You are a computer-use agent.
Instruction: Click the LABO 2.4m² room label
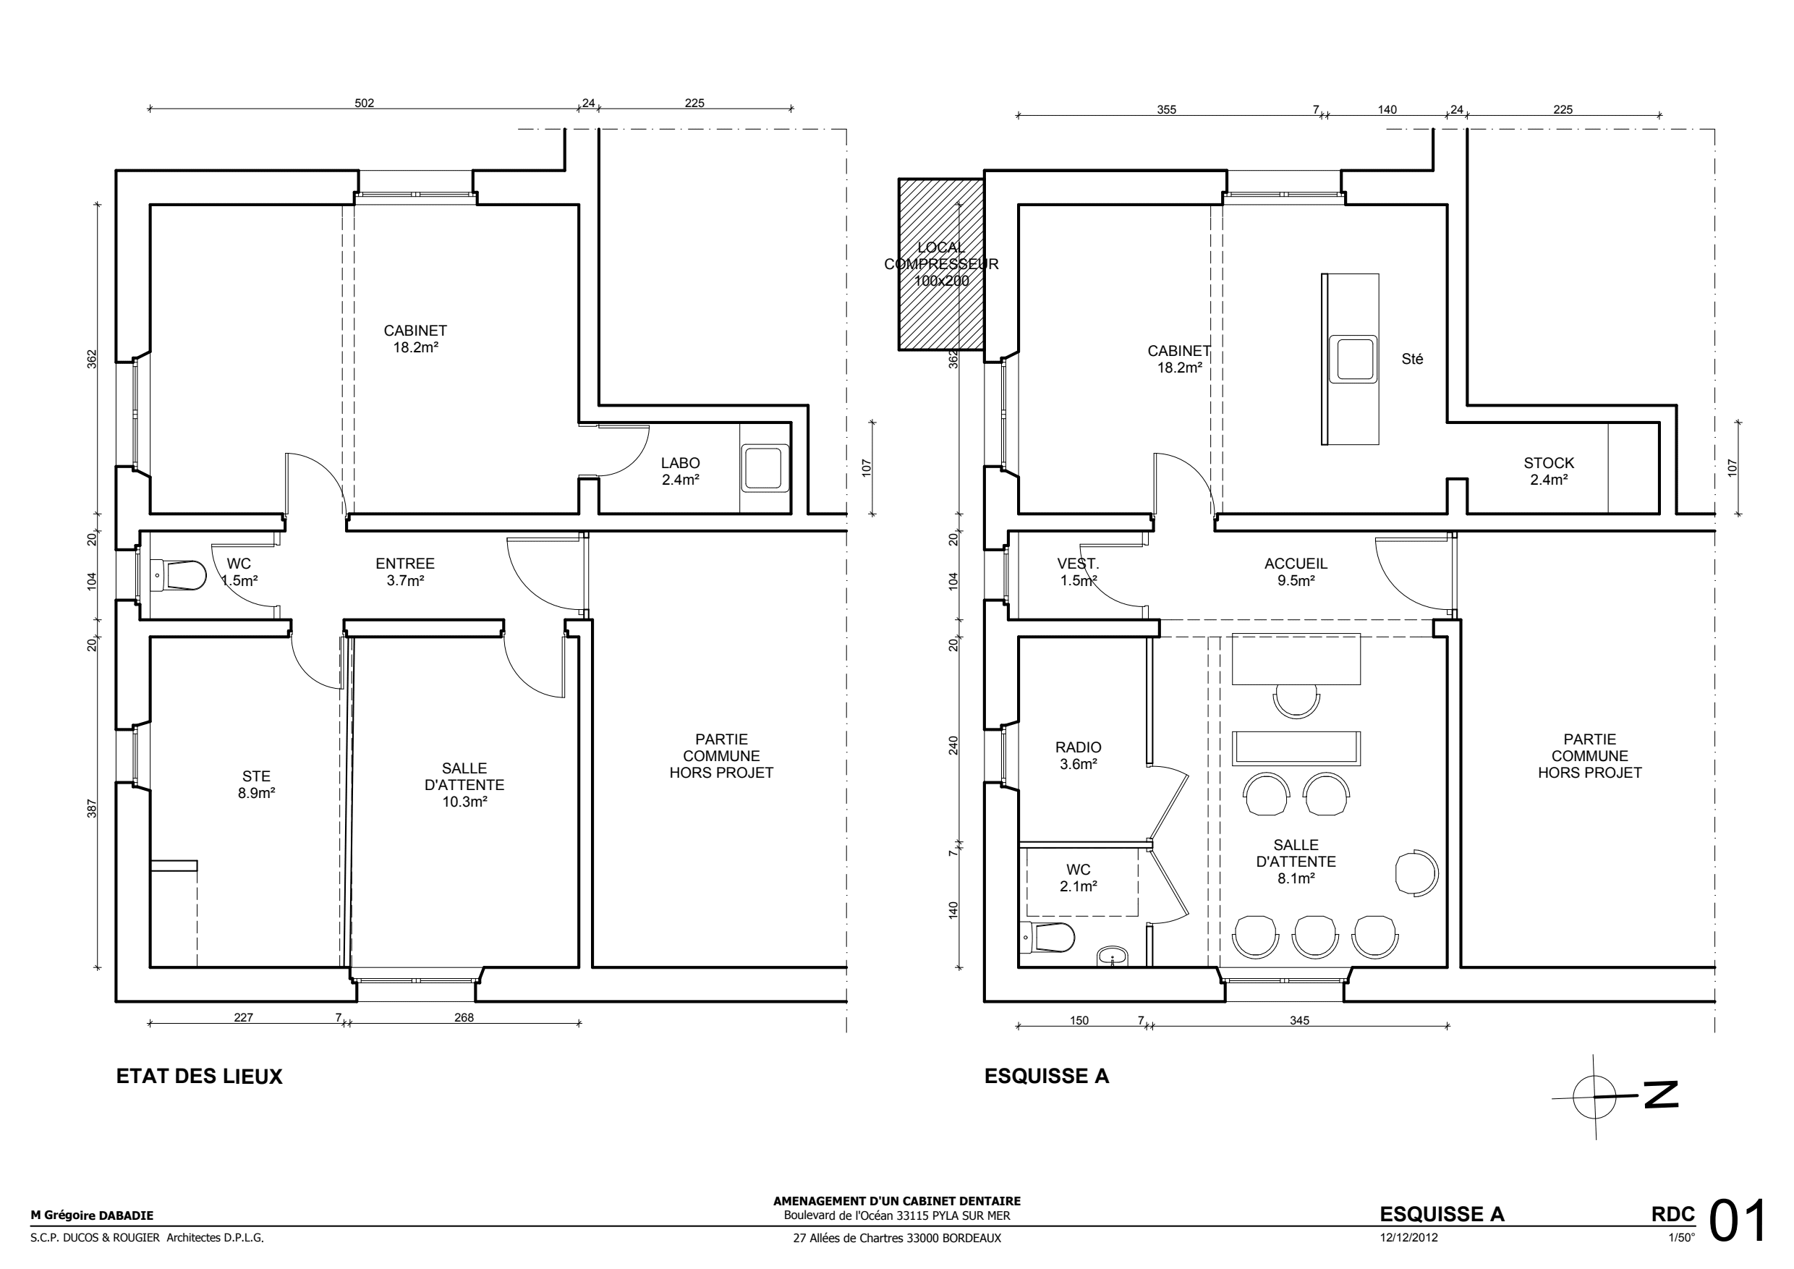coord(680,471)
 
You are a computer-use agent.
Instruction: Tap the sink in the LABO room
coord(762,468)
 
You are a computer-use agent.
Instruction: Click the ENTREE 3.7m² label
coord(405,572)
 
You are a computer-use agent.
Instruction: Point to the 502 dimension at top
coord(365,102)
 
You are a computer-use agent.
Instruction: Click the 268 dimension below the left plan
coord(464,1017)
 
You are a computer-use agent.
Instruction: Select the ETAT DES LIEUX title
coord(199,1076)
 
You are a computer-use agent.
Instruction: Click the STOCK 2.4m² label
coord(1549,471)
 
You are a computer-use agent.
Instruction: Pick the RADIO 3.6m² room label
coord(1079,755)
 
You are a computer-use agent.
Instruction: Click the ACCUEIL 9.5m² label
coord(1296,572)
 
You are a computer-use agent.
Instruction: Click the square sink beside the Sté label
coord(1354,359)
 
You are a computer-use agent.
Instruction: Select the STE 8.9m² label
coord(256,784)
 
